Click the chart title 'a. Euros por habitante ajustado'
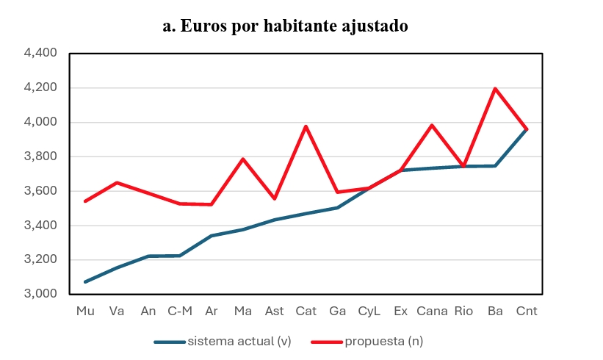pyautogui.click(x=285, y=26)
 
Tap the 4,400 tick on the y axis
pyautogui.click(x=40, y=54)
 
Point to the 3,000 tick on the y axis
pyautogui.click(x=40, y=294)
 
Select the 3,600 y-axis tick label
pyautogui.click(x=40, y=191)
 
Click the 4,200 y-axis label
pyautogui.click(x=40, y=88)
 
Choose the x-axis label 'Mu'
pyautogui.click(x=85, y=311)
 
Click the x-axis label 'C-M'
pyautogui.click(x=180, y=311)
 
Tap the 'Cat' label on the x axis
pyautogui.click(x=306, y=311)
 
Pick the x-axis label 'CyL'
pyautogui.click(x=369, y=311)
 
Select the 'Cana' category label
pyautogui.click(x=432, y=311)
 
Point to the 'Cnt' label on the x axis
pyautogui.click(x=527, y=311)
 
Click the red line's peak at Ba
pyautogui.click(x=495, y=89)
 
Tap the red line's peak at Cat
pyautogui.click(x=306, y=126)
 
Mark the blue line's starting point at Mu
pyautogui.click(x=85, y=281)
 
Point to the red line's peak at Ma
pyautogui.click(x=243, y=159)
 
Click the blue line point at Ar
pyautogui.click(x=212, y=236)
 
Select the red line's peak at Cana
pyautogui.click(x=432, y=125)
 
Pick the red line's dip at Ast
pyautogui.click(x=275, y=198)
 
